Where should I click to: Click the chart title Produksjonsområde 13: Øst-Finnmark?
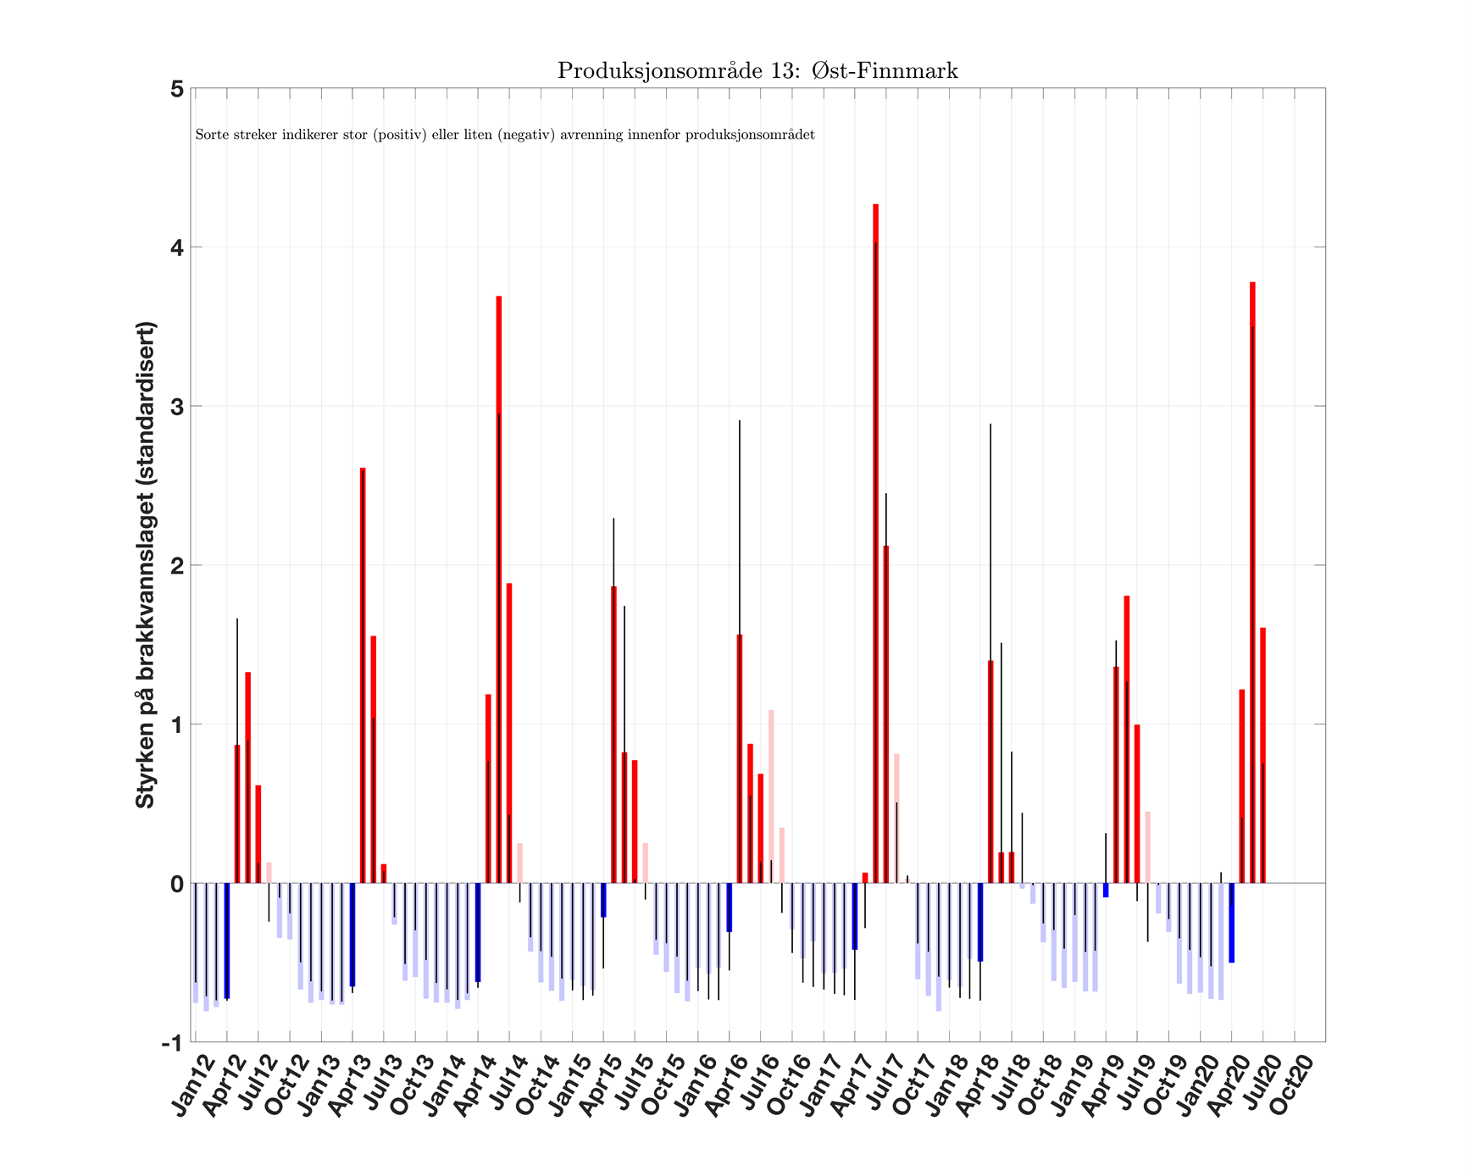pyautogui.click(x=757, y=71)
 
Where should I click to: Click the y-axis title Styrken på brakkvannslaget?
pyautogui.click(x=146, y=565)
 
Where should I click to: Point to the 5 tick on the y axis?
pyautogui.click(x=177, y=89)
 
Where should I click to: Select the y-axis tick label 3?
pyautogui.click(x=177, y=407)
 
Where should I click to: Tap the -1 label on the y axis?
pyautogui.click(x=173, y=1043)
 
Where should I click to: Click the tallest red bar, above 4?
pyautogui.click(x=875, y=542)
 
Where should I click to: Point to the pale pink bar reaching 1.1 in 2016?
pyautogui.click(x=771, y=796)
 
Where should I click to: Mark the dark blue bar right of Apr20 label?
pyautogui.click(x=1231, y=923)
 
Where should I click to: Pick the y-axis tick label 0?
pyautogui.click(x=177, y=884)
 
